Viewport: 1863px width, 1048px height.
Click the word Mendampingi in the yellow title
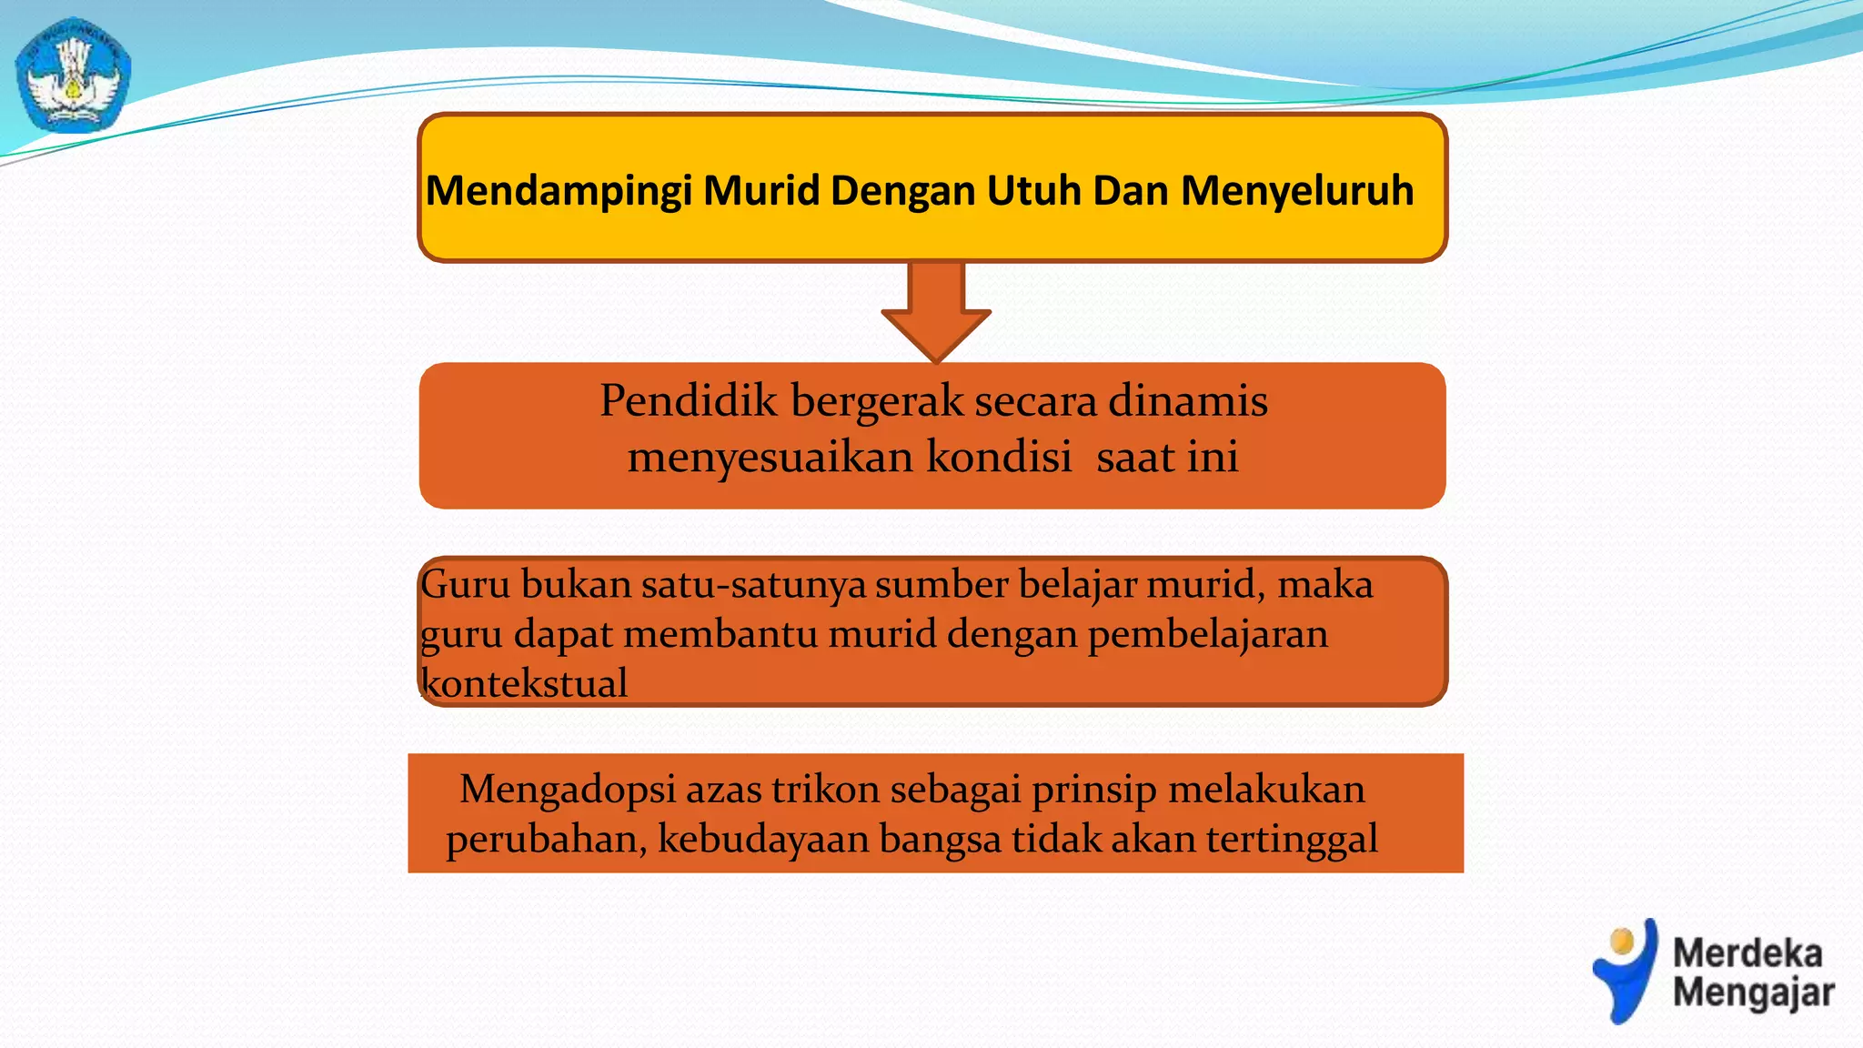click(559, 191)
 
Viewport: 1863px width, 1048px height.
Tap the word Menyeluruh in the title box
click(1297, 191)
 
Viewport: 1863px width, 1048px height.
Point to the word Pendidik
click(689, 400)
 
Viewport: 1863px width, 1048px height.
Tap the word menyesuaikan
click(770, 457)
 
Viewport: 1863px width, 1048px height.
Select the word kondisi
click(999, 457)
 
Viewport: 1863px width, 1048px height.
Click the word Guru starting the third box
click(465, 584)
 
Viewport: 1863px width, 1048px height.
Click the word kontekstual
click(525, 683)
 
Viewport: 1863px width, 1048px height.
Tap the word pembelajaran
click(1208, 634)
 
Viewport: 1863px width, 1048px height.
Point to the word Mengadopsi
click(568, 789)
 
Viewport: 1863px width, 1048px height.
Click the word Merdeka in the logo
click(1747, 953)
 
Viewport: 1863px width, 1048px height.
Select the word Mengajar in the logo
click(1753, 993)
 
